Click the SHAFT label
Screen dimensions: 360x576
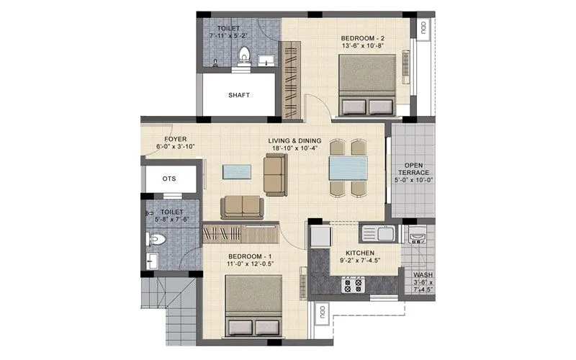(x=238, y=95)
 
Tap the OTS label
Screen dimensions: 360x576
(x=169, y=179)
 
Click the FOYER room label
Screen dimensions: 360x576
(x=176, y=138)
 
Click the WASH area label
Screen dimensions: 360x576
(x=423, y=276)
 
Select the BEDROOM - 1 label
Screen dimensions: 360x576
(x=250, y=257)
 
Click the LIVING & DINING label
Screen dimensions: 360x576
(x=294, y=140)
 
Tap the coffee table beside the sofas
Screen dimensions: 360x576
(x=238, y=171)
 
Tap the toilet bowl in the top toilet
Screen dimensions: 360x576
(x=244, y=55)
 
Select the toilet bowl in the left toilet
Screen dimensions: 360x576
(x=158, y=238)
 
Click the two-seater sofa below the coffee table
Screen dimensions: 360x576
(x=242, y=207)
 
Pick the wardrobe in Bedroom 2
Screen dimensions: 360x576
(x=290, y=79)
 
